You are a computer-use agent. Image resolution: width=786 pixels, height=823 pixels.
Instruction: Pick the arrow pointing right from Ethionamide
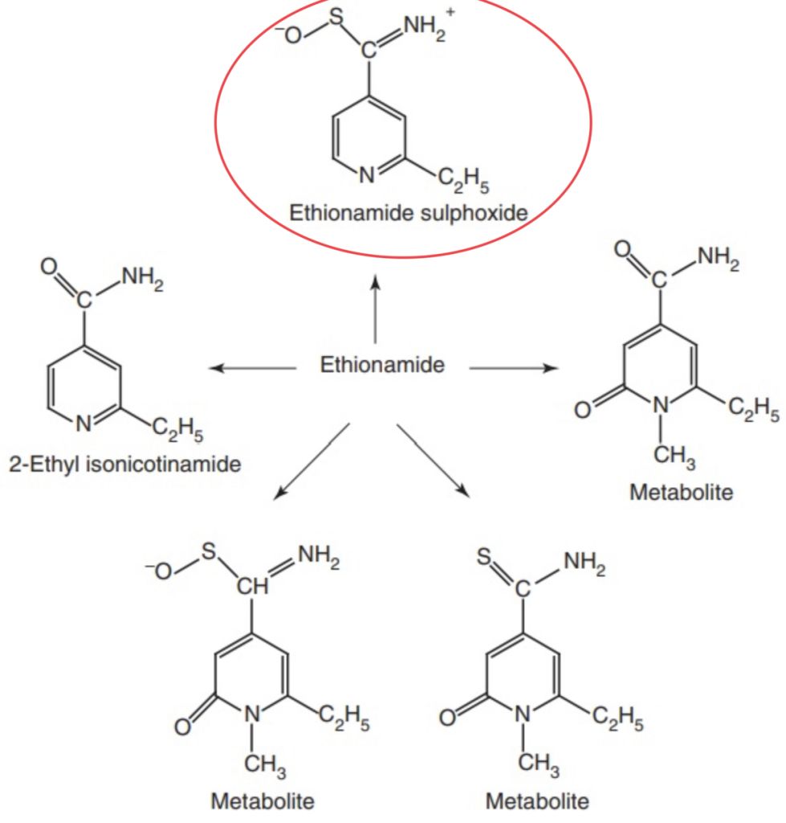point(513,368)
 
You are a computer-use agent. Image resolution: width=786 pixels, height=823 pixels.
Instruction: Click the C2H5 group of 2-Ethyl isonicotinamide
point(177,434)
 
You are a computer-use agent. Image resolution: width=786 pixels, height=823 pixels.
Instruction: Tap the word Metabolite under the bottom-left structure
point(263,801)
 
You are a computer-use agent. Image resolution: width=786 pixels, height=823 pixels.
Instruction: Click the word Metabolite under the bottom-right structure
point(537,801)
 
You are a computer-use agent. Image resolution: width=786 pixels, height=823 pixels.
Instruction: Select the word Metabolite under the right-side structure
point(681,493)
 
